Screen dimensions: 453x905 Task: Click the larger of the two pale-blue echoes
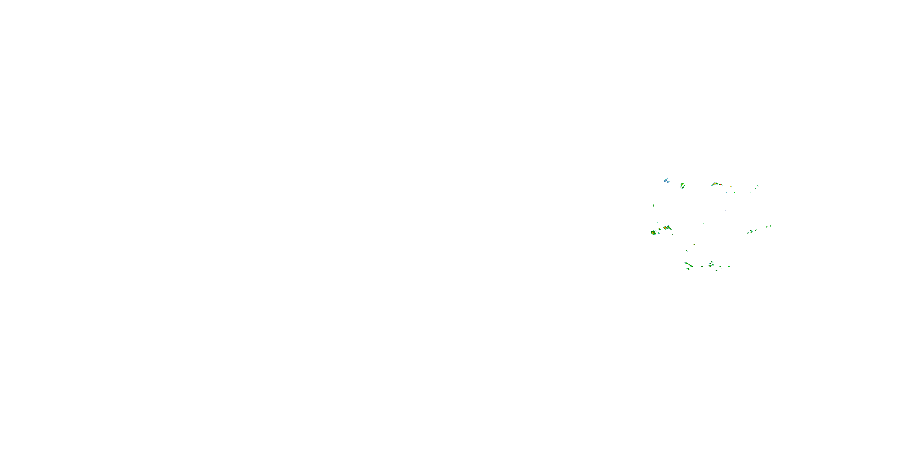coord(665,180)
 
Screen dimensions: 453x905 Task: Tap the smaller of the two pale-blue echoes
coord(668,182)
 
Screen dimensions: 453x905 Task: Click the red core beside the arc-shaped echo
coord(720,185)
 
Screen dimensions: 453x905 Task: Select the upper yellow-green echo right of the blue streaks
coord(682,184)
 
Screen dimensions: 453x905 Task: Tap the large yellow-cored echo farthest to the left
coord(653,233)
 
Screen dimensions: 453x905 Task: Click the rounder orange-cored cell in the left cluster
coord(665,228)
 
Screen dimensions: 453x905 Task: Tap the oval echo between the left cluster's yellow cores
coord(659,229)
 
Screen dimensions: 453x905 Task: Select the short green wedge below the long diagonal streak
coord(688,269)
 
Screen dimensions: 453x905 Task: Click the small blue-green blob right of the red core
coord(730,186)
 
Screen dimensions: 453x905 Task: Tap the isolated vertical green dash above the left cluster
coord(653,205)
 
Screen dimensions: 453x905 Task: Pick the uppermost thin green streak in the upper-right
coord(757,186)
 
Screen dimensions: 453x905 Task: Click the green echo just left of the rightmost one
coord(767,226)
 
